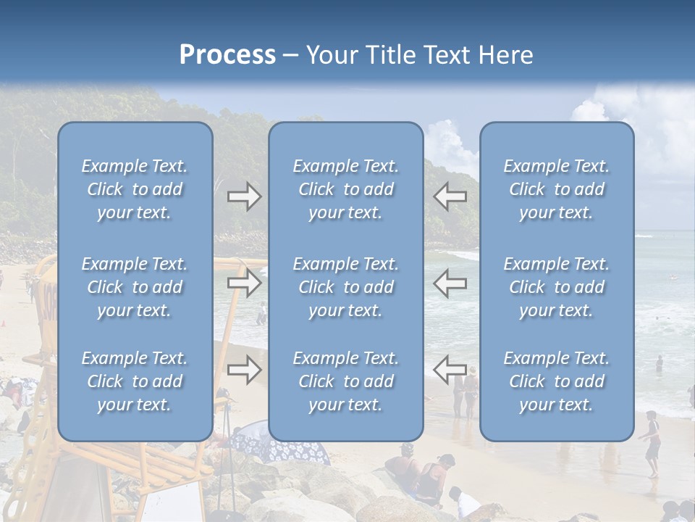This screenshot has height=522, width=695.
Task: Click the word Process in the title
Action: pos(227,55)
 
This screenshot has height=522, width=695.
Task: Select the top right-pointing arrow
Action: pos(245,196)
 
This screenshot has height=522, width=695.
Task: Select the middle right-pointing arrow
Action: pos(245,283)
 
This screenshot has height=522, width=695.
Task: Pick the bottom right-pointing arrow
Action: pos(245,370)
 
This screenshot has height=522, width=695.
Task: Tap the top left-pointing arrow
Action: pos(450,196)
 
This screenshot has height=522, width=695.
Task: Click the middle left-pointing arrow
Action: pos(450,283)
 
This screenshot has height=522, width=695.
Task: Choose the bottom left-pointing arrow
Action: pos(450,370)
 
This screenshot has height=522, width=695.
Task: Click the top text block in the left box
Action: pos(135,189)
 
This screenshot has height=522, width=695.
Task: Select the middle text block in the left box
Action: pos(135,287)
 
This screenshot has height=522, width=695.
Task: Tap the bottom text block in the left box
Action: pos(135,381)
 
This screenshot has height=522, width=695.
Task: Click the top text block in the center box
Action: pos(346,189)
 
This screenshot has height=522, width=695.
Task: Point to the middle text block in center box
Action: pos(346,287)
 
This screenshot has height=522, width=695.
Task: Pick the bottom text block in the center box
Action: pos(346,381)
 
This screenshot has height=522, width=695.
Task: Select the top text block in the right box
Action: pos(557,189)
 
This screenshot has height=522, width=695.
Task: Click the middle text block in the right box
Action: pos(557,287)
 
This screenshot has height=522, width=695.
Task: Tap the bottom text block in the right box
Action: pos(557,381)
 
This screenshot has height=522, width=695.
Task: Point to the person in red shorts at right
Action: pos(652,442)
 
